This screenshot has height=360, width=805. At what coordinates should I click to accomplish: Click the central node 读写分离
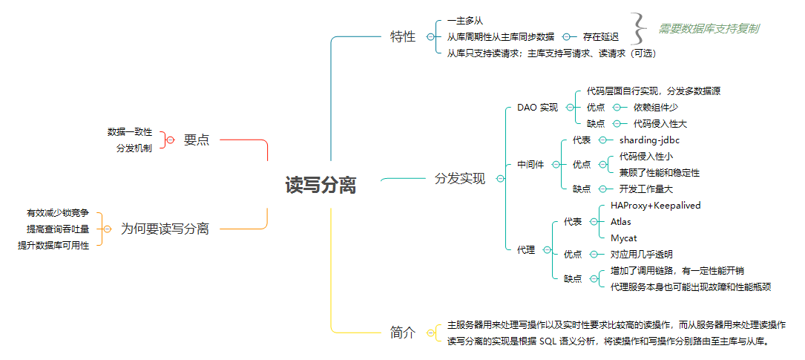(321, 186)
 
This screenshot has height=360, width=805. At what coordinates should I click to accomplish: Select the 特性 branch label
(403, 36)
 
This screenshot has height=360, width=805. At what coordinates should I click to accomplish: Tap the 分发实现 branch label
(459, 179)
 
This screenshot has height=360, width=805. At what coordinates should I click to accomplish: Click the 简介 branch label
(403, 333)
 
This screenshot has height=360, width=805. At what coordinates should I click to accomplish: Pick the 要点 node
(197, 140)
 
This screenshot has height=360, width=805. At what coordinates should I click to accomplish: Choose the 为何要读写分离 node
(165, 229)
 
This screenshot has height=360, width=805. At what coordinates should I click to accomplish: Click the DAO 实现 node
(537, 108)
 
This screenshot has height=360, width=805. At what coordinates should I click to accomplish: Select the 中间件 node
(530, 165)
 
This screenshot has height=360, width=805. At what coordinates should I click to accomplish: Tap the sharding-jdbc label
(649, 140)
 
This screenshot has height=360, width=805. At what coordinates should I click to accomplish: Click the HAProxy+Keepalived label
(655, 205)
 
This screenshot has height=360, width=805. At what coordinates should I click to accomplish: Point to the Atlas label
(621, 221)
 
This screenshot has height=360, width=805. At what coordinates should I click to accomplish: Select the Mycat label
(623, 238)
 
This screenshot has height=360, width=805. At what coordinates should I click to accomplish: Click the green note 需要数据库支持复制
(709, 29)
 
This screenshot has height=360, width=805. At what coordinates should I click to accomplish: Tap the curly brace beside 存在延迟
(639, 29)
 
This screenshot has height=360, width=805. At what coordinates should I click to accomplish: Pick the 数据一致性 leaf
(130, 132)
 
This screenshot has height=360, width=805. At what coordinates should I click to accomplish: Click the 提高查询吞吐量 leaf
(58, 229)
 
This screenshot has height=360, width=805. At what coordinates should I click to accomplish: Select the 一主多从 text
(465, 21)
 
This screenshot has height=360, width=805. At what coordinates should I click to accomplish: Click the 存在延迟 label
(600, 36)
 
